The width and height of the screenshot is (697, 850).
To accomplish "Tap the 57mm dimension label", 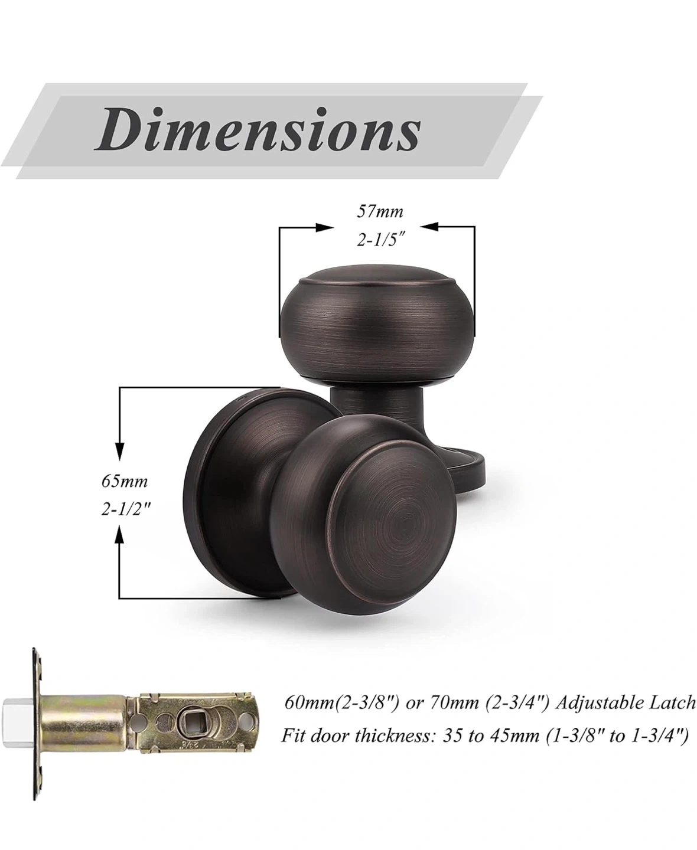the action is (380, 212).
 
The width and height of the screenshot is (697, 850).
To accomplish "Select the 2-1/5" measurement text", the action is (380, 240).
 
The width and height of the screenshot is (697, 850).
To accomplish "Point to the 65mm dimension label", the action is (125, 482).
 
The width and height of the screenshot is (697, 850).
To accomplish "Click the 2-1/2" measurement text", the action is (125, 510).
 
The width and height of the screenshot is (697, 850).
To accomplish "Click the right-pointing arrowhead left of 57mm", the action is (324, 227).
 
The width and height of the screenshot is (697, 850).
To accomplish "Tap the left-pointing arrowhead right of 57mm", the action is (429, 227).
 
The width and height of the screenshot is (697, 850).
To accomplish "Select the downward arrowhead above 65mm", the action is (119, 451).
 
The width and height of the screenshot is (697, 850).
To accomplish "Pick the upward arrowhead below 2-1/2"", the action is (119, 534).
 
